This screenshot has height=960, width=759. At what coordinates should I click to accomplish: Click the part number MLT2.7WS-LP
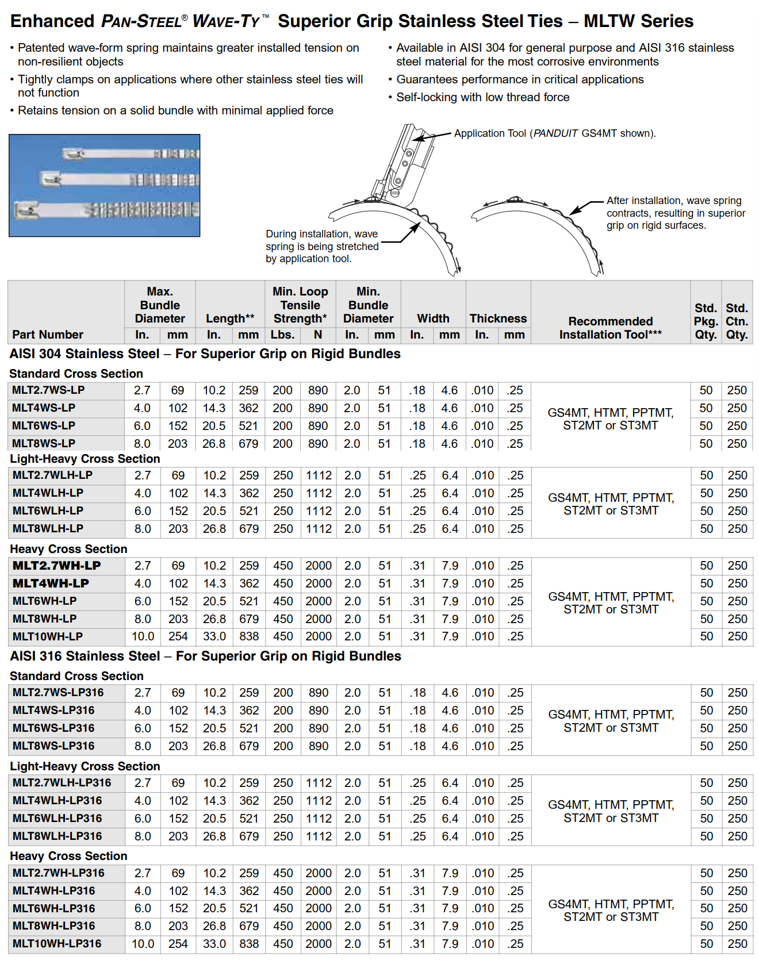[x=48, y=390]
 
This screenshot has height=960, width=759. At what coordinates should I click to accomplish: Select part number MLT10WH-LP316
[x=57, y=944]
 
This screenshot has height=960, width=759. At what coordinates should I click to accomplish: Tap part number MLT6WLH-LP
[x=48, y=511]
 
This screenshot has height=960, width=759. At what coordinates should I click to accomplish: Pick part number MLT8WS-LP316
[x=53, y=746]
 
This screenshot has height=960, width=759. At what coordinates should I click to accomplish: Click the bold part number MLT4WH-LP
[x=51, y=583]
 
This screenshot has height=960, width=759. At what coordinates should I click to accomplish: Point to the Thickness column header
[x=498, y=318]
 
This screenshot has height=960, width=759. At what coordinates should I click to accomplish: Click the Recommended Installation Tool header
[x=610, y=328]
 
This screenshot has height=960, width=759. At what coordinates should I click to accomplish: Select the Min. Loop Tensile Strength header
[x=300, y=305]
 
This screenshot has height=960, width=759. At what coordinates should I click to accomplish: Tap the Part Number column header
[x=48, y=335]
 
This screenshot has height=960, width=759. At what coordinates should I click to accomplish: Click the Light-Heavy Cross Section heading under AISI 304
[x=85, y=459]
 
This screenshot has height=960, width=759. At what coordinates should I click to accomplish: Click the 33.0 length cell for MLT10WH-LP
[x=214, y=637]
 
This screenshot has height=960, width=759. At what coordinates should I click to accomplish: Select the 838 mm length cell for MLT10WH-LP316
[x=249, y=944]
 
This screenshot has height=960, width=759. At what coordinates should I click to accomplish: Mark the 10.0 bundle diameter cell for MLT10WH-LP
[x=143, y=637]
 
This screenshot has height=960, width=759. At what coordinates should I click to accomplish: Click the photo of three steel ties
[x=105, y=186]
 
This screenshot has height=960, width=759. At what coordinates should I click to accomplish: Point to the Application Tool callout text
[x=554, y=133]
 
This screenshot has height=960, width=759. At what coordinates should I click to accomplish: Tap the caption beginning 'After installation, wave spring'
[x=675, y=213]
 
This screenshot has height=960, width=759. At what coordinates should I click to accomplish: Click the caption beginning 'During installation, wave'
[x=321, y=246]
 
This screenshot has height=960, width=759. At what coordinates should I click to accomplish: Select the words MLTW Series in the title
[x=638, y=21]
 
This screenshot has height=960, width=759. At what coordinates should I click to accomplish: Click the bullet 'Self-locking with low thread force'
[x=482, y=97]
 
